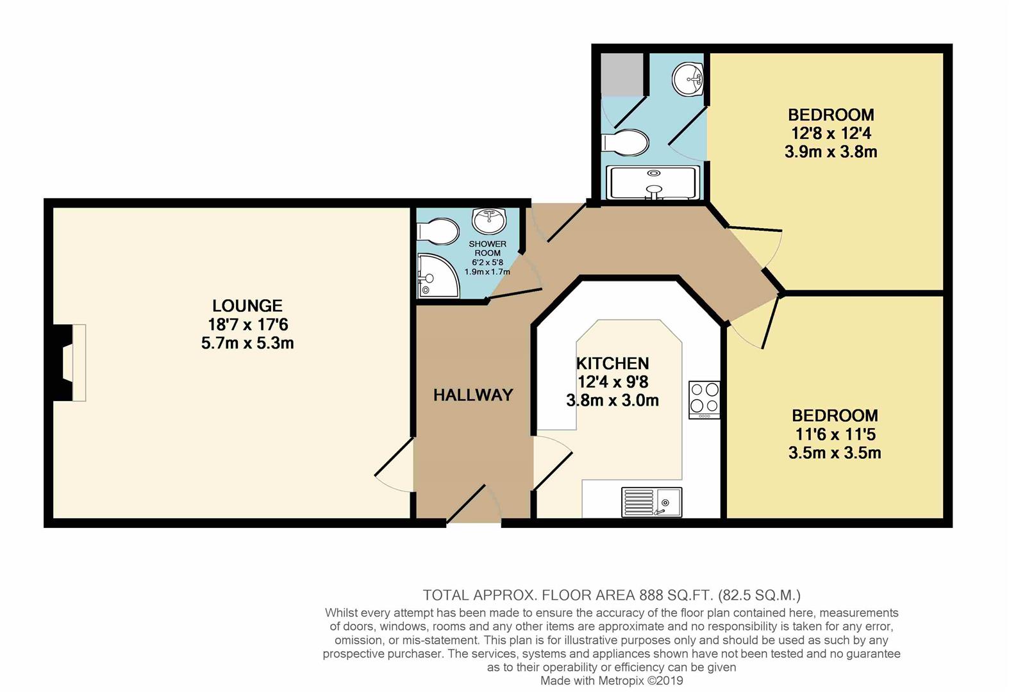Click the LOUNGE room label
tap(247, 306)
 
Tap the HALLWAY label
tap(473, 395)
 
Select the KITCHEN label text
tap(613, 363)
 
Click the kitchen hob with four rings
tap(704, 400)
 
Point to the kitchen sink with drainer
tap(651, 502)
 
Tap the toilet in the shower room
tap(438, 231)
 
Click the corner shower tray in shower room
tap(438, 276)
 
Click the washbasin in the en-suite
tap(688, 79)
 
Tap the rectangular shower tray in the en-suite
tap(653, 183)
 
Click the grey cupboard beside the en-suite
tap(622, 74)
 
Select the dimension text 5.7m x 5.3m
tap(247, 343)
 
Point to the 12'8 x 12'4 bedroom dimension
tap(831, 133)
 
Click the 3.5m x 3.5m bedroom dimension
tap(835, 452)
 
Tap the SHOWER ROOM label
tap(487, 248)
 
